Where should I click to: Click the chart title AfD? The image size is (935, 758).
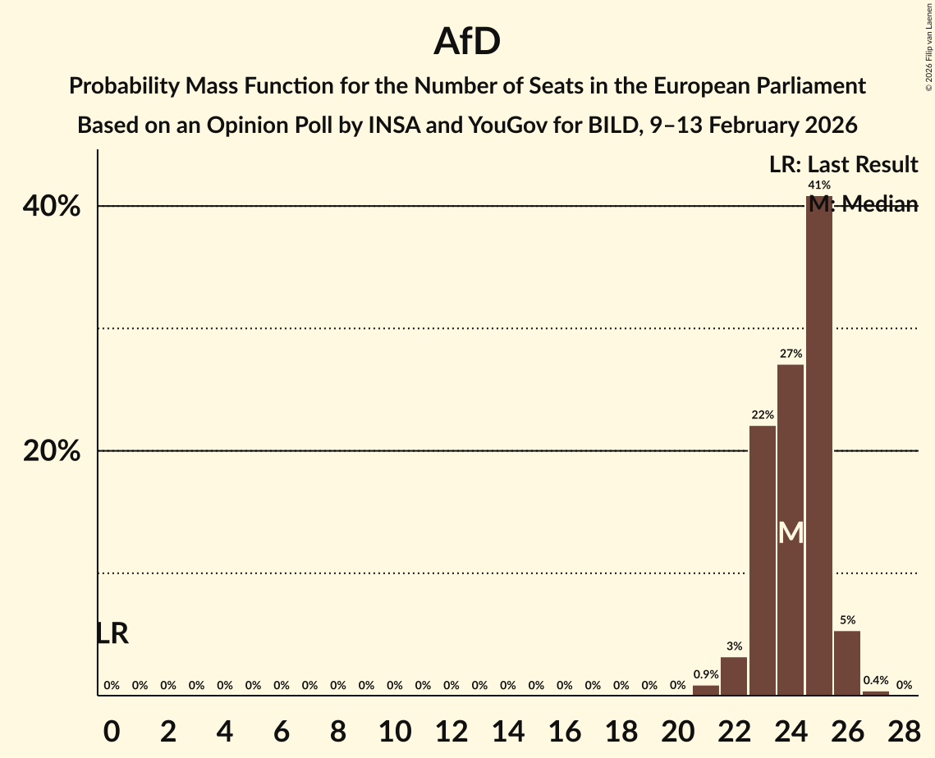(x=467, y=42)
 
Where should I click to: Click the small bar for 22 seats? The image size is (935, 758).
(x=734, y=676)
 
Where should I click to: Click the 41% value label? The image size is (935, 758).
(x=818, y=185)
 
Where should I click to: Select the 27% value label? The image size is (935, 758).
(x=791, y=354)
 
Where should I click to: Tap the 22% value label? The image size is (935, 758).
(x=763, y=415)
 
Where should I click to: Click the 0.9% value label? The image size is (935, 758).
(x=706, y=674)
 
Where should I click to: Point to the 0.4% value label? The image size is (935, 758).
(x=875, y=680)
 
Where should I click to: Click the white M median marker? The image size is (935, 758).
(x=791, y=533)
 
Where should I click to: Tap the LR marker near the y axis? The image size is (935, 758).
(x=112, y=633)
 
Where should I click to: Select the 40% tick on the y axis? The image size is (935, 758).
(x=51, y=206)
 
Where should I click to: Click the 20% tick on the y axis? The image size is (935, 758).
(x=51, y=451)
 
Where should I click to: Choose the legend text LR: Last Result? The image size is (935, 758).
(x=843, y=164)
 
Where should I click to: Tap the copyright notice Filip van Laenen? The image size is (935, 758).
(x=928, y=46)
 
